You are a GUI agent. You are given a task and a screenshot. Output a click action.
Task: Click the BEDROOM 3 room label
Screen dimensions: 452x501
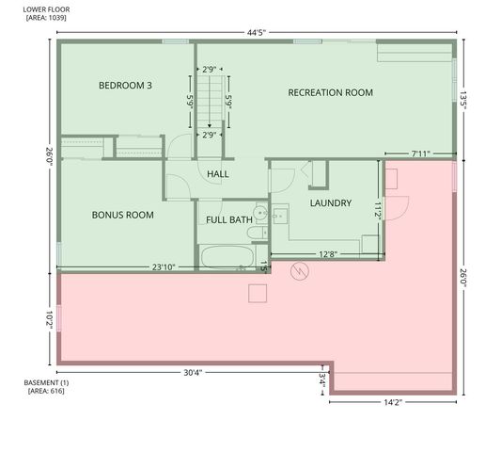click(x=125, y=86)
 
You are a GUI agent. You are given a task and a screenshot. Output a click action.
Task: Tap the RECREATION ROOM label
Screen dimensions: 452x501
click(x=330, y=92)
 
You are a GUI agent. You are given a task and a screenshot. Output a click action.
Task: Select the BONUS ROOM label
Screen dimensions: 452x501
click(x=122, y=215)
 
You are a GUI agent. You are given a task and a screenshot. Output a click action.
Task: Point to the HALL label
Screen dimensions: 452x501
click(x=218, y=173)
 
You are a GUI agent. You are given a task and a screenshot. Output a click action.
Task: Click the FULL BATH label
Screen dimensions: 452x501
click(x=229, y=220)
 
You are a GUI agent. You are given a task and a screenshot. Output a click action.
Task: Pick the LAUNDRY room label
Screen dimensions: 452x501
click(x=330, y=202)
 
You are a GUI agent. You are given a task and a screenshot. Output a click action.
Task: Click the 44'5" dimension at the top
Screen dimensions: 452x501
click(x=257, y=32)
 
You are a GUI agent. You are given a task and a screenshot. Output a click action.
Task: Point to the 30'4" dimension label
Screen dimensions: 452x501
click(x=192, y=372)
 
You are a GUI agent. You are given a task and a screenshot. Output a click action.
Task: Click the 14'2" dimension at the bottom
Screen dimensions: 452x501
click(x=393, y=403)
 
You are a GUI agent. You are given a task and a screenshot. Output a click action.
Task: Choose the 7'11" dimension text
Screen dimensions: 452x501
click(x=420, y=153)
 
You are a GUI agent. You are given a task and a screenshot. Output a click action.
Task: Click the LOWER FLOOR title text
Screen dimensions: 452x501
click(x=46, y=9)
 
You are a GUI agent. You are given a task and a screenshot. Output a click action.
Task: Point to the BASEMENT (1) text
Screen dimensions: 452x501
click(x=46, y=382)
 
